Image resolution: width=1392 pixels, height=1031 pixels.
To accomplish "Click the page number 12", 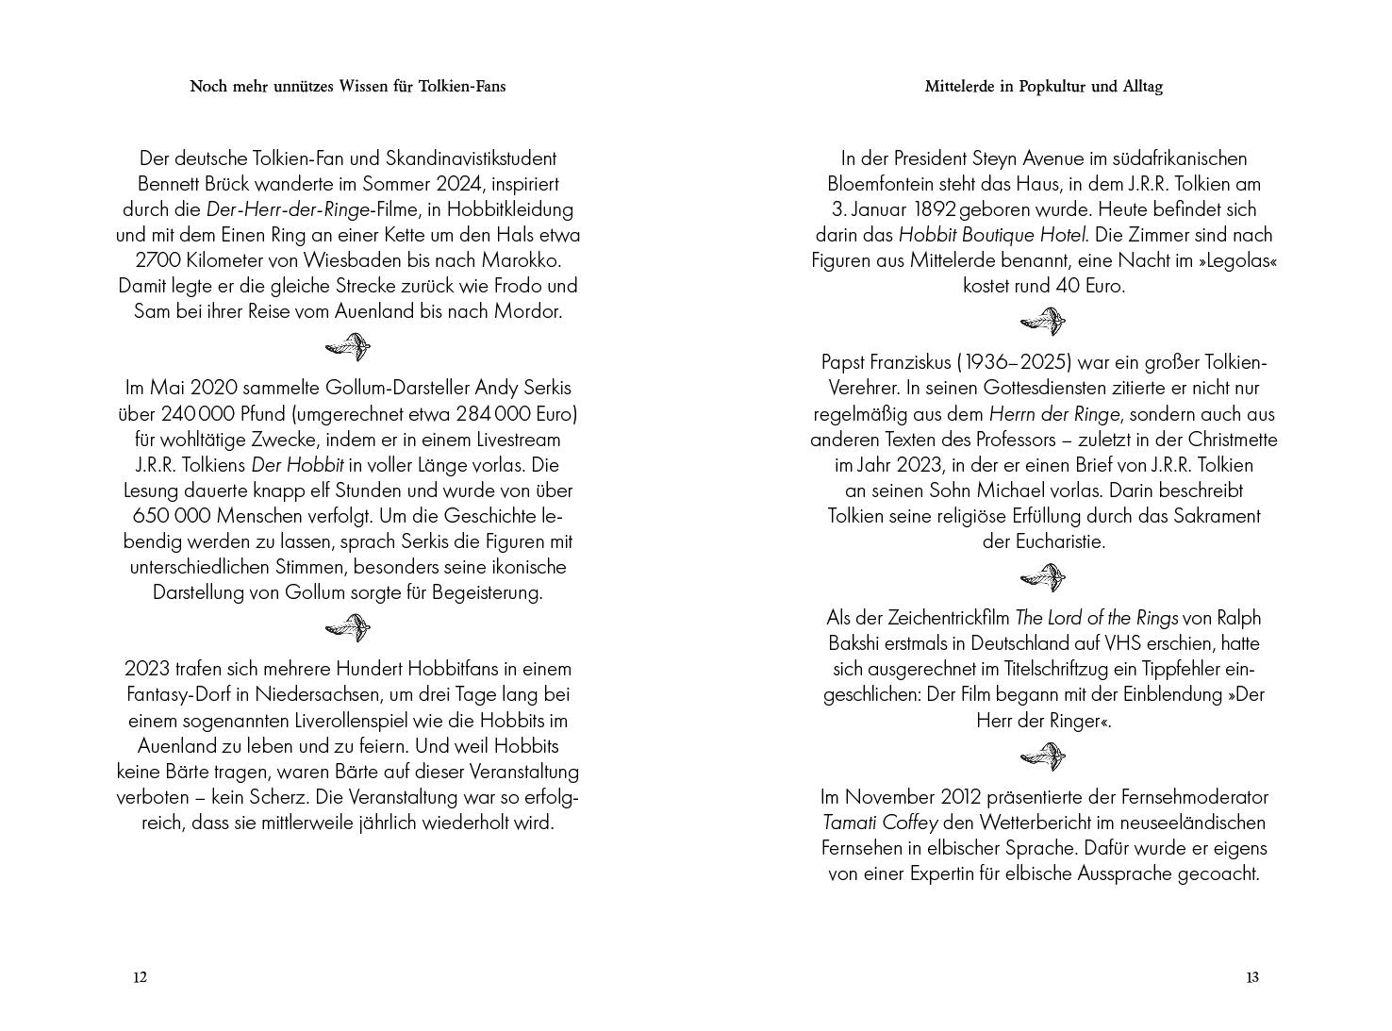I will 140,977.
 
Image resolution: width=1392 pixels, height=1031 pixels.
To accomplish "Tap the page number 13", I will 1251,977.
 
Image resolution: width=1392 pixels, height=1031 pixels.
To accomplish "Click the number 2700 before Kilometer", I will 157,260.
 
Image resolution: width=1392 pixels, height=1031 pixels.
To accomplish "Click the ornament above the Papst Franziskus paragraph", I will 1043,323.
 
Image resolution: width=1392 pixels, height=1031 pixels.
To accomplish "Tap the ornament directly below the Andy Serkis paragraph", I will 347,627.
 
